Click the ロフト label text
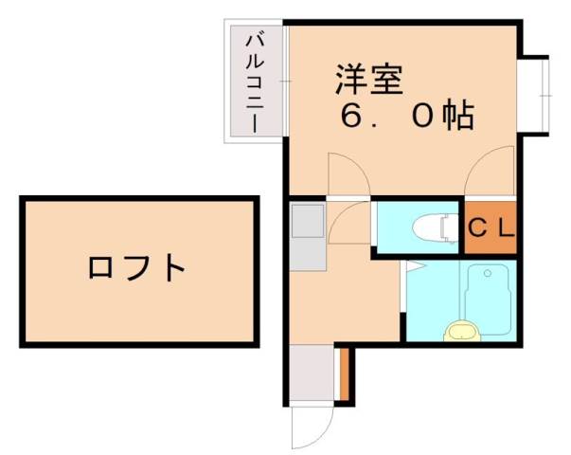coord(136,267)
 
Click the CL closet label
coord(491,228)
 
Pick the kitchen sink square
coord(307,224)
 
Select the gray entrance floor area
coord(311,373)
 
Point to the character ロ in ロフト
coord(100,267)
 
